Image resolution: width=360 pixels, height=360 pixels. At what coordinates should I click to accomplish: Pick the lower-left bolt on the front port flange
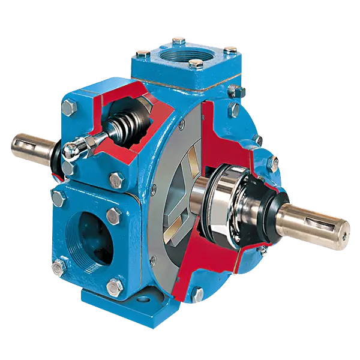click(x=59, y=266)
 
